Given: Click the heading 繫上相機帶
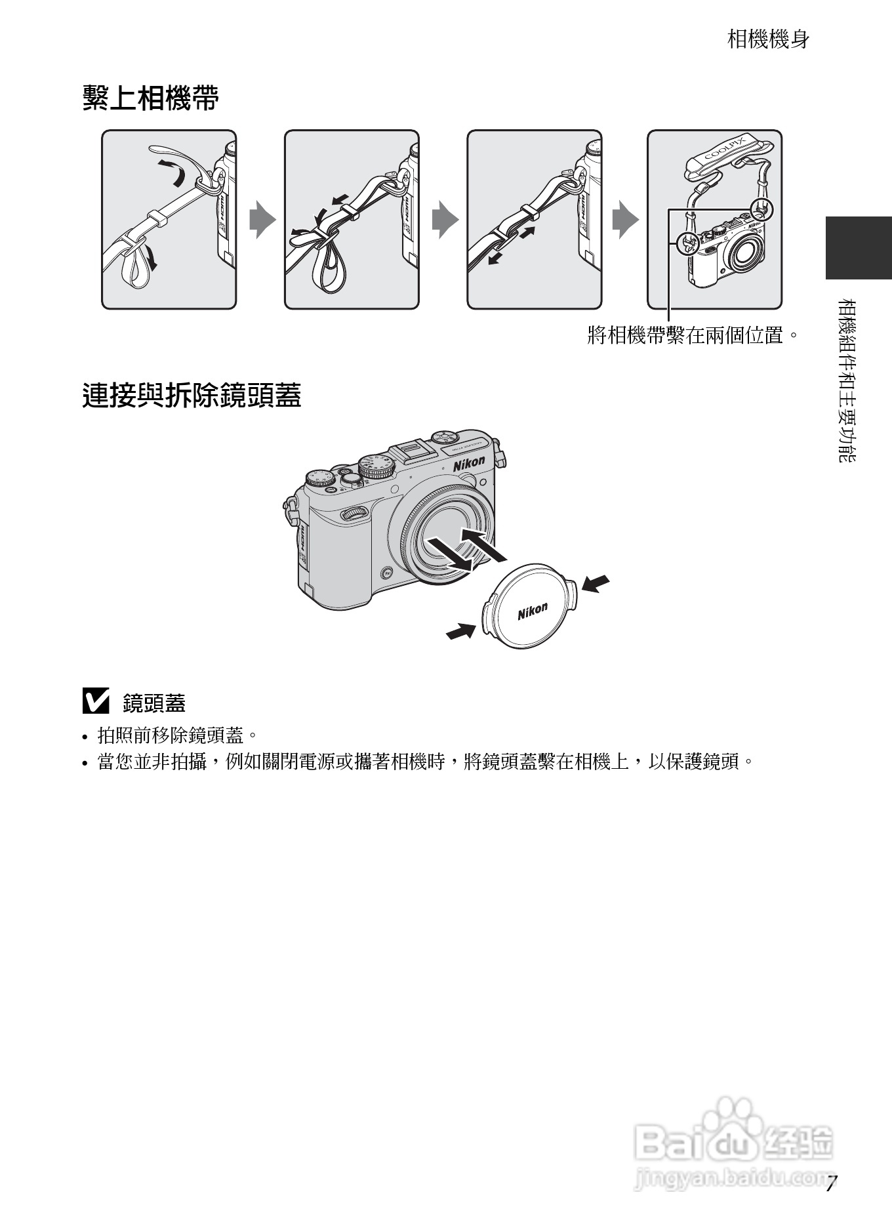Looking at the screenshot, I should (150, 99).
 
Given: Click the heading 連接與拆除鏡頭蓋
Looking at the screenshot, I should (192, 396).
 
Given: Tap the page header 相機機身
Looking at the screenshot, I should (768, 39).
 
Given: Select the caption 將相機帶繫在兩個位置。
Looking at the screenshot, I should (693, 336).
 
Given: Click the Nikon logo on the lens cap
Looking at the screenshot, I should (532, 611).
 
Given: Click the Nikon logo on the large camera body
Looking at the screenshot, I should (469, 463).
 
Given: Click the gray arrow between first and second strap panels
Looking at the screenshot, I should (261, 220).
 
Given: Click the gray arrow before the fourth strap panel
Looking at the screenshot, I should (624, 220).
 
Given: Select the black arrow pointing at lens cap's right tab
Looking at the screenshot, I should (596, 583).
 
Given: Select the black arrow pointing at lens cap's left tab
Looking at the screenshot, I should (460, 631).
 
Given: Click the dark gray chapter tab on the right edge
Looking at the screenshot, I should (858, 247).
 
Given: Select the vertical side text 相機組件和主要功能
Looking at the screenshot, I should (847, 380).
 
